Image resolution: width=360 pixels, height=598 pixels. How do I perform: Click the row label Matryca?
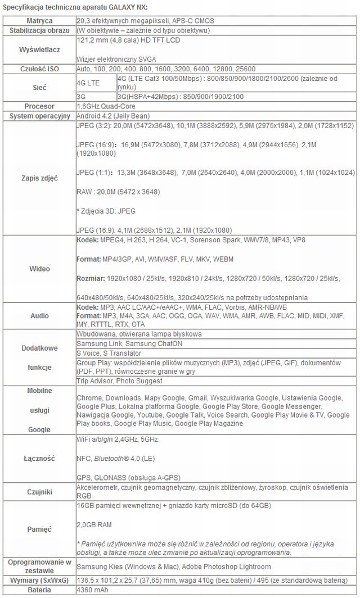[39, 20]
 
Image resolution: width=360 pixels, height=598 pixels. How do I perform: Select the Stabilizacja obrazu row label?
[39, 29]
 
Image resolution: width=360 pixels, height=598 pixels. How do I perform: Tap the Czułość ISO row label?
[39, 68]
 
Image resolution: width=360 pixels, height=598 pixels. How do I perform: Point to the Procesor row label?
[39, 106]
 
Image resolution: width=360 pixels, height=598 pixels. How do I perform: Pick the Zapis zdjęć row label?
[39, 178]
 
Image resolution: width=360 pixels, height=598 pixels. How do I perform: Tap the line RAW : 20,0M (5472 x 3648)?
[118, 192]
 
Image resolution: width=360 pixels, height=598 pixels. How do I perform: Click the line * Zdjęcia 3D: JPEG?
[105, 211]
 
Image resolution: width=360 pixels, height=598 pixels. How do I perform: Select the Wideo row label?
[39, 269]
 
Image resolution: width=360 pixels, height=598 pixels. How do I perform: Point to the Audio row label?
[39, 315]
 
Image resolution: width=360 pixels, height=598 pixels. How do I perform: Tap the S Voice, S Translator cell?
[109, 353]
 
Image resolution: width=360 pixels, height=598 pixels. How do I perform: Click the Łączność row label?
[39, 458]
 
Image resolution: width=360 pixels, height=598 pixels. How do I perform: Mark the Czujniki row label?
[39, 492]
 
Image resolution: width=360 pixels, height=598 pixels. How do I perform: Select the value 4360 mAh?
[93, 590]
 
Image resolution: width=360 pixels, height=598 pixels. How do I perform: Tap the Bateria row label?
[39, 590]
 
